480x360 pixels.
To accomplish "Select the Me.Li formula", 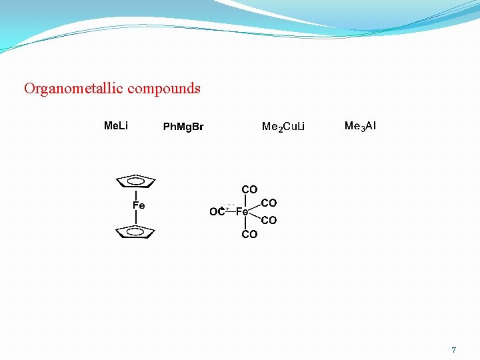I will point(116,125).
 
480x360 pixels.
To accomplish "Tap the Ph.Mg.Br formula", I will point(183,127).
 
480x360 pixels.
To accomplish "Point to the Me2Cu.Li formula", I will point(283,127).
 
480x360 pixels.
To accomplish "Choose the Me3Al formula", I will point(360,125).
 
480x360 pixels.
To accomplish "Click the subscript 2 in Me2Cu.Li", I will point(281,129).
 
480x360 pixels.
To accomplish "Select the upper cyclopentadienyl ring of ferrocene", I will point(136,181).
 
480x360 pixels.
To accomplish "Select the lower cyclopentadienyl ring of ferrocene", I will point(135,231).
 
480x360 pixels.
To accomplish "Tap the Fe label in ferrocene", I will point(139,205).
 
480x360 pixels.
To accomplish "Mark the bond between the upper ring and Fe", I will point(136,194).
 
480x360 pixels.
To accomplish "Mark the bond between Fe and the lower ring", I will point(136,217).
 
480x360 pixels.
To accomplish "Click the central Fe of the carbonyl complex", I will point(243,212).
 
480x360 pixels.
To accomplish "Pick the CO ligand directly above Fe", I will point(249,190).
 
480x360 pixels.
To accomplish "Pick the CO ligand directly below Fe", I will point(249,234).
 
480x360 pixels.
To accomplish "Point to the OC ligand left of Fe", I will point(217,212).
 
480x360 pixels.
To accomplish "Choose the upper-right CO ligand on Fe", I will point(269,203).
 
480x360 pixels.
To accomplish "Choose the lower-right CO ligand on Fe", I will point(269,220).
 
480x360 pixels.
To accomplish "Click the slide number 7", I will point(454,349).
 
